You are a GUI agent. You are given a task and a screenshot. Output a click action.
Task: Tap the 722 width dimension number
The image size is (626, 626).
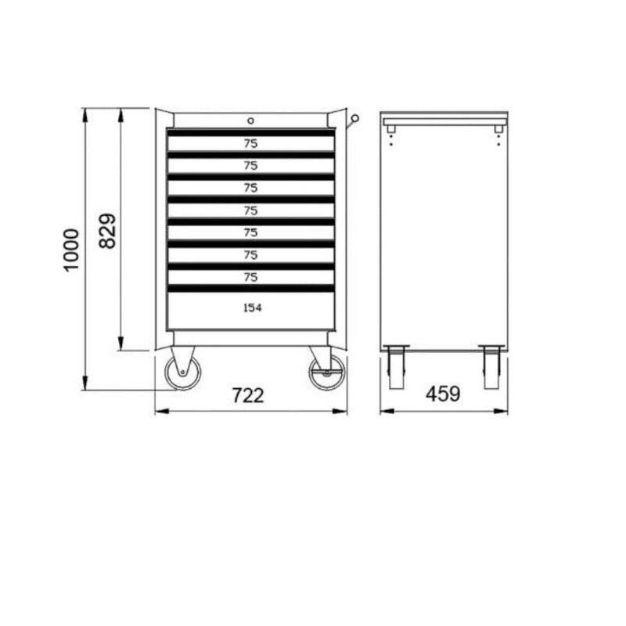[248, 395]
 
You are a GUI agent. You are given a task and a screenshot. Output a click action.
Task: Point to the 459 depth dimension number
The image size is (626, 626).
[443, 395]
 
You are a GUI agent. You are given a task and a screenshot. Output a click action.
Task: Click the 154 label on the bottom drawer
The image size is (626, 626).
[251, 308]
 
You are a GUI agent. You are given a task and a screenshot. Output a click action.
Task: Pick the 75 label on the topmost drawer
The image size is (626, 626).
[250, 143]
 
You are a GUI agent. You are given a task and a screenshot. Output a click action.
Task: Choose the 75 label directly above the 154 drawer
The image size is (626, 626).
[250, 277]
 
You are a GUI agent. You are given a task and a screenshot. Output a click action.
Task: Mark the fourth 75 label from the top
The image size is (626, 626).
[250, 210]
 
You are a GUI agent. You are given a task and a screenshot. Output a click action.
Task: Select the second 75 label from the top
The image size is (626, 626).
[250, 165]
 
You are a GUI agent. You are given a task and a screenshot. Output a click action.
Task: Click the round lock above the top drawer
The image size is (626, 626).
[250, 121]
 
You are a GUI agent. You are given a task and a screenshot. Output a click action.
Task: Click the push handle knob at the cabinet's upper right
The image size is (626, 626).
[354, 119]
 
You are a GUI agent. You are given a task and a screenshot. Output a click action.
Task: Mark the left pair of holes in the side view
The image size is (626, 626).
[390, 138]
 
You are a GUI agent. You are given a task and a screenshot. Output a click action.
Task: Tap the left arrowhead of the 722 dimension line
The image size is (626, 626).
[159, 412]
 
